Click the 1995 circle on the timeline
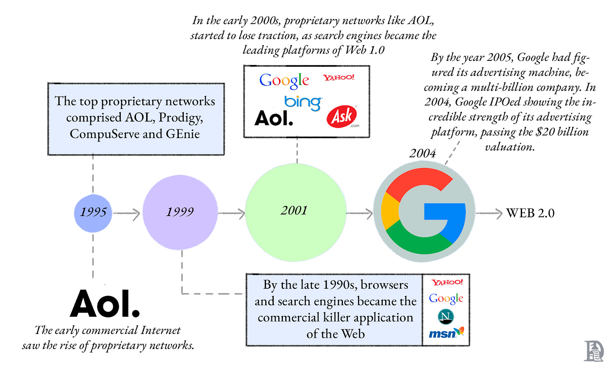click(93, 213)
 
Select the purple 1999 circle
click(180, 212)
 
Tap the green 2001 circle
click(296, 212)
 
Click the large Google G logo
click(424, 211)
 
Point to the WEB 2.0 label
click(530, 213)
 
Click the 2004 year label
click(422, 153)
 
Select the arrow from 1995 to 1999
click(126, 214)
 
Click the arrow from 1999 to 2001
click(231, 213)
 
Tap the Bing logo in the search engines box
click(303, 102)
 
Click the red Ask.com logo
click(342, 117)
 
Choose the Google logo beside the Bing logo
click(284, 80)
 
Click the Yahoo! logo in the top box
click(339, 78)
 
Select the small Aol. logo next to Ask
click(274, 119)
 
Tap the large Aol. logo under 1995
click(105, 304)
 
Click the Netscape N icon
click(446, 316)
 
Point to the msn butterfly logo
click(446, 333)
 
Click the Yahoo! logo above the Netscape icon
click(447, 282)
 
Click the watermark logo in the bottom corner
click(593, 351)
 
